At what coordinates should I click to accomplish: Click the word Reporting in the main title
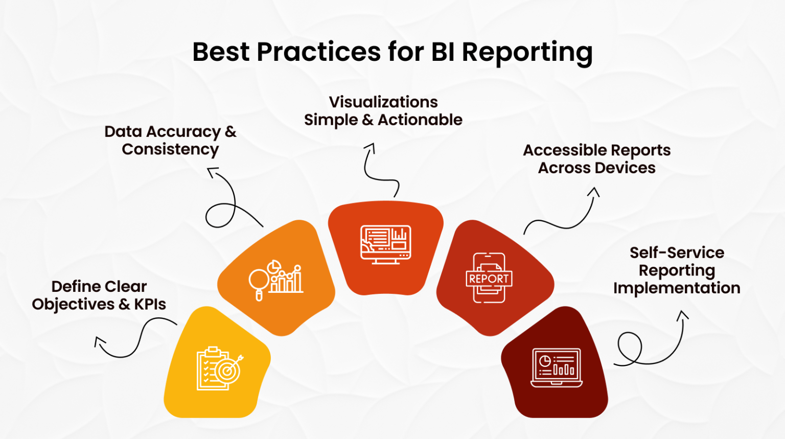tap(527, 53)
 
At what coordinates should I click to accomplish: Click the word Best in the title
tap(221, 52)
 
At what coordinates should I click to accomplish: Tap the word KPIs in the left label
tap(150, 305)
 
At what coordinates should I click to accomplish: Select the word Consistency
tap(170, 150)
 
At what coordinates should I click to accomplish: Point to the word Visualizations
tap(383, 102)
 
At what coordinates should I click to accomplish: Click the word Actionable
tap(420, 120)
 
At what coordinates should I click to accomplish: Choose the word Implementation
tap(677, 288)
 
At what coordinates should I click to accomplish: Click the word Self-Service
tap(677, 253)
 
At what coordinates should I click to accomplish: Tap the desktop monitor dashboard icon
tap(385, 244)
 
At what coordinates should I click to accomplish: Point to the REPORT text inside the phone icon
tap(489, 279)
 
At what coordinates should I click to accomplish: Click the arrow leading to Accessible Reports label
tap(562, 217)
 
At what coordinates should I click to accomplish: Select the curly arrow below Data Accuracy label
tap(225, 204)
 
